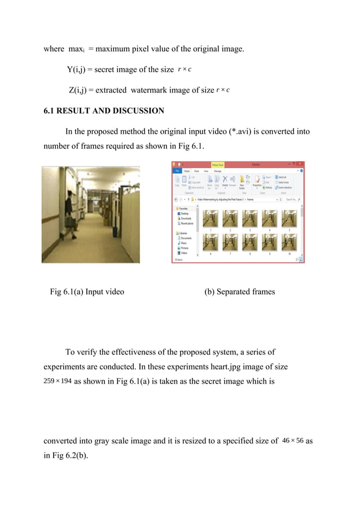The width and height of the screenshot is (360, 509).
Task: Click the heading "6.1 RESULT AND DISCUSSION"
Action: click(104, 111)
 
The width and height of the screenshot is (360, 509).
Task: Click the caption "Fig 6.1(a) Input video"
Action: click(87, 292)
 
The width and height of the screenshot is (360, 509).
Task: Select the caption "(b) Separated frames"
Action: click(240, 292)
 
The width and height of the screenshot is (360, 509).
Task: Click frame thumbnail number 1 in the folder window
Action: click(210, 219)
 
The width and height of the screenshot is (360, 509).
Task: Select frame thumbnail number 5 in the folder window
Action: click(289, 219)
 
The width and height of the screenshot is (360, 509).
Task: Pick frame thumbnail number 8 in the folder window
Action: click(250, 242)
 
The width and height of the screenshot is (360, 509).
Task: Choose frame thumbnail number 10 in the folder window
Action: click(289, 242)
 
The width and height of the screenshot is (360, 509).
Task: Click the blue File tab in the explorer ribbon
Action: click(177, 170)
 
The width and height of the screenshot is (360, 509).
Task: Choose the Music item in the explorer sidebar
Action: click(185, 243)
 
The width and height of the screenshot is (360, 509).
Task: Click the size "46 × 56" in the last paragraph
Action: click(292, 441)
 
